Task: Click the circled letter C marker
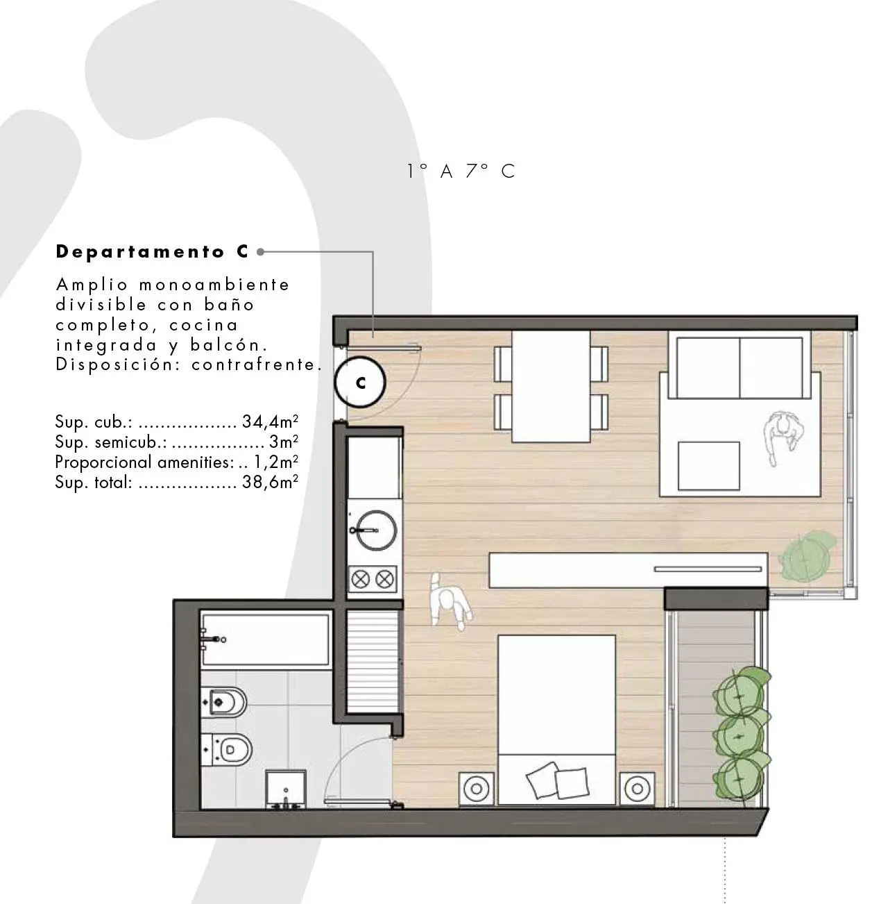(360, 382)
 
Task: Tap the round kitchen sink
(375, 530)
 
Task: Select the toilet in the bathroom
(227, 750)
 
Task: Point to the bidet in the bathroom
(224, 702)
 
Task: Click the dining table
(551, 386)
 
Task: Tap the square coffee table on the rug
(708, 466)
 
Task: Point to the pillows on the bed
(557, 780)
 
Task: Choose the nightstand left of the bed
(477, 789)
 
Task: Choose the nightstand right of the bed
(637, 789)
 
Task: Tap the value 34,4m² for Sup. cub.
(270, 421)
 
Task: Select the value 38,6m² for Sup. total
(270, 482)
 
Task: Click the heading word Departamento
(140, 253)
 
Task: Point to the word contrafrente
(257, 365)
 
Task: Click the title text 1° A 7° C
(461, 171)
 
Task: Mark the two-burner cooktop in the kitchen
(373, 579)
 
